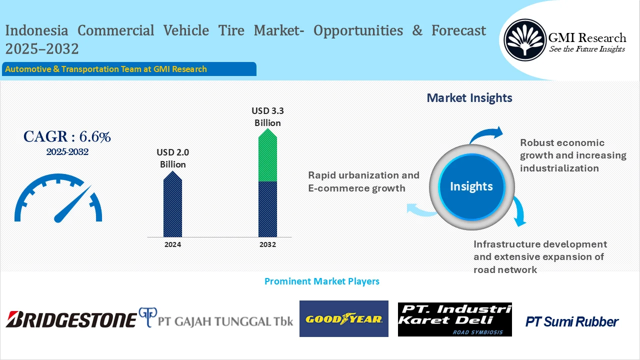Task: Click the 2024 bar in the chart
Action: pos(173,205)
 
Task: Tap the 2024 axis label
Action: pos(173,244)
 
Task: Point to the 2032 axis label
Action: pos(267,244)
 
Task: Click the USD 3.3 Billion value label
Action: pos(267,116)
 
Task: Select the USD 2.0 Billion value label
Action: pos(173,158)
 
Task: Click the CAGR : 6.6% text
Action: pos(67,136)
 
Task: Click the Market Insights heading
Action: pos(469,97)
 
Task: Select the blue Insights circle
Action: pos(471,186)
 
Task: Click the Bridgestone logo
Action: pos(71,319)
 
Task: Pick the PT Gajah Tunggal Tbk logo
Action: pos(216,319)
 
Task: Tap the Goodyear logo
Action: pos(343,319)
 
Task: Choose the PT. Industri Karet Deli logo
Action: pos(454,319)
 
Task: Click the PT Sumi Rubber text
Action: pos(571,322)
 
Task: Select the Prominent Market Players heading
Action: pos(321,281)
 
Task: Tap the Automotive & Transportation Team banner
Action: pos(129,69)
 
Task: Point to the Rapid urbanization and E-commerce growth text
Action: pos(363,181)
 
